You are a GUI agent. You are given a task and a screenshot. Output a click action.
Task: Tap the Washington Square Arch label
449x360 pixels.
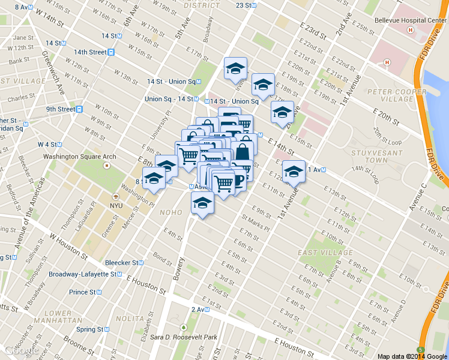click(79, 157)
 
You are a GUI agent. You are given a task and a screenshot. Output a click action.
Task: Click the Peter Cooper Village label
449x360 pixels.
click(390, 95)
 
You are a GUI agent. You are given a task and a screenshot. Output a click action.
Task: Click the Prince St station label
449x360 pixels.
click(83, 292)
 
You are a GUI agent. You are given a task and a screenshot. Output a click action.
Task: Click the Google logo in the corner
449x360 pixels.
click(22, 350)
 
